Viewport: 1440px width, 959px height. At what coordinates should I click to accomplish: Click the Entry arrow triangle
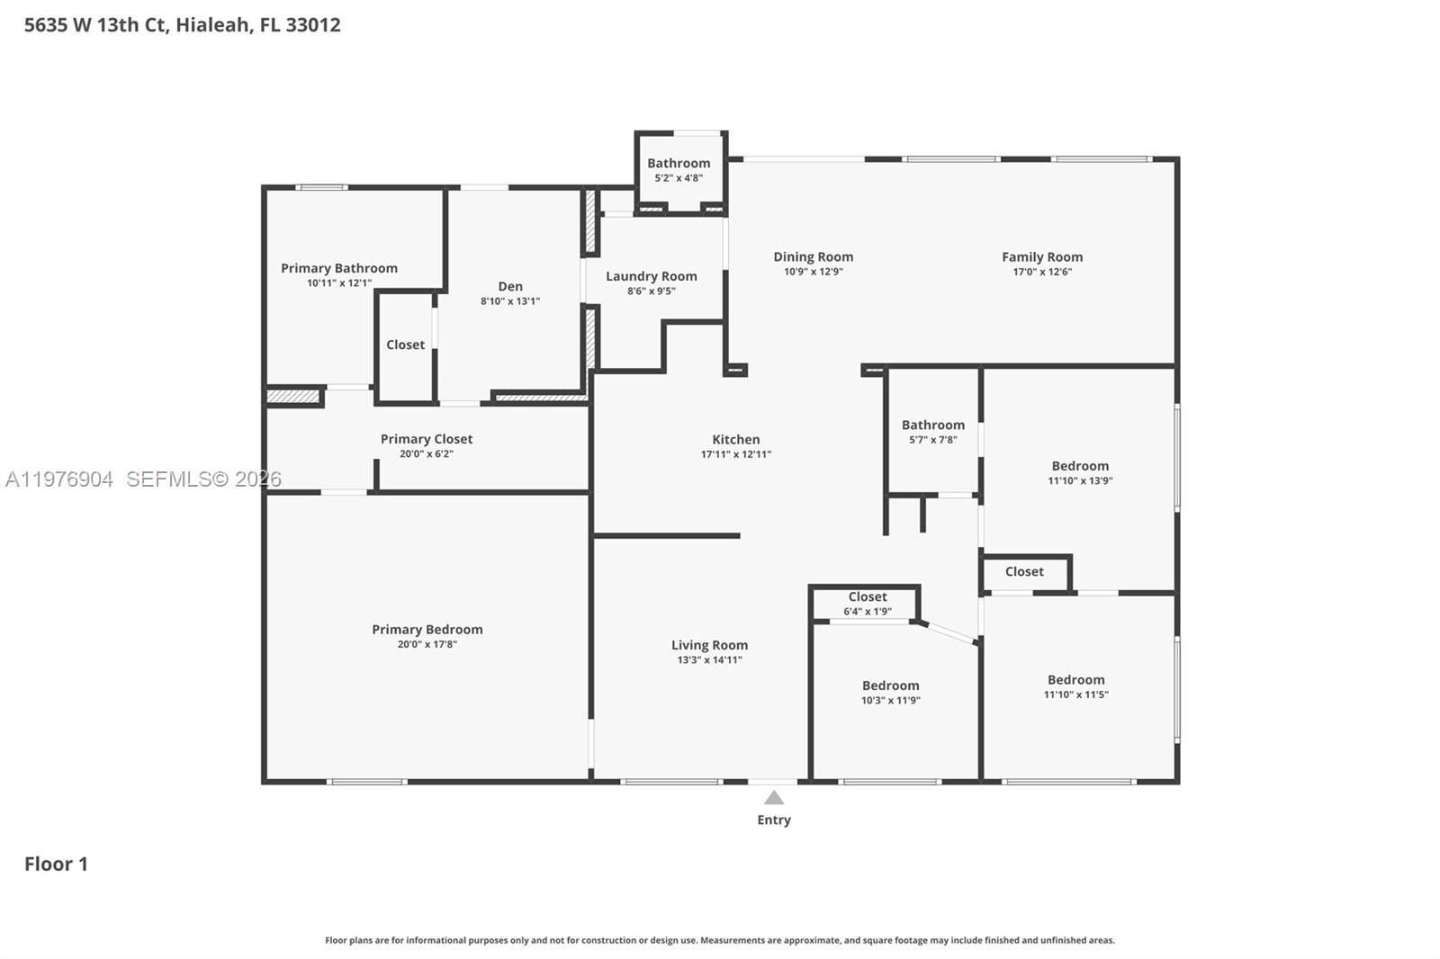click(774, 798)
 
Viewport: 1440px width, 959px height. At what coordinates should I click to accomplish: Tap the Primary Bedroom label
click(427, 630)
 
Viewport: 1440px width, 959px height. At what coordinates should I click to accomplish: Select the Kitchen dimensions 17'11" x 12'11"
click(735, 454)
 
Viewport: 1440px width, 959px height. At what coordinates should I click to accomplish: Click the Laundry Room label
click(651, 276)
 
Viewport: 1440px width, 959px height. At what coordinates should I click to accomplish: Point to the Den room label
click(510, 286)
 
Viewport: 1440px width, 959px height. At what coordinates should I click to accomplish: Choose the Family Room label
click(1042, 257)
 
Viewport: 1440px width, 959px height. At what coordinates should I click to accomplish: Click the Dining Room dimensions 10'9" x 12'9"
click(813, 272)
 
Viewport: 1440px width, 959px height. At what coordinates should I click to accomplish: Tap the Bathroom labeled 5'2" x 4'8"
click(679, 164)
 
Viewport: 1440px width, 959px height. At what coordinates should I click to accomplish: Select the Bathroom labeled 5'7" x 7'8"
click(932, 425)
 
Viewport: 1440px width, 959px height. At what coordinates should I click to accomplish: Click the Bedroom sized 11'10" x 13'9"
click(1080, 466)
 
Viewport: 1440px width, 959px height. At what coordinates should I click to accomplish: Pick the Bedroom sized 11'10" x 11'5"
click(1075, 680)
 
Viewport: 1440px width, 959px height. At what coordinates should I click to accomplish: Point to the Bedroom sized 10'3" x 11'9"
click(890, 686)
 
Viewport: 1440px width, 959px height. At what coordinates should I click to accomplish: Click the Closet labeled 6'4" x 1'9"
click(868, 597)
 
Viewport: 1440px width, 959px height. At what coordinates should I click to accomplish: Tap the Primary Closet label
click(427, 439)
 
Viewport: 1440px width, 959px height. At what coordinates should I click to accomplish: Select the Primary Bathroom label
click(338, 268)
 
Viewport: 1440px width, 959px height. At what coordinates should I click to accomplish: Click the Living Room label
click(709, 645)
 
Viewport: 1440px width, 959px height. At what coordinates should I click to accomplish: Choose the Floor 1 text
click(56, 864)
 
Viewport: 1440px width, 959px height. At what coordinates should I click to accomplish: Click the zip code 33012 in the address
click(312, 24)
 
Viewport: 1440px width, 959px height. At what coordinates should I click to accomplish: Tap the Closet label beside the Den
click(405, 345)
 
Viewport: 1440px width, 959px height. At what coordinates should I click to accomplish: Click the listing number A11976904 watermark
click(59, 479)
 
